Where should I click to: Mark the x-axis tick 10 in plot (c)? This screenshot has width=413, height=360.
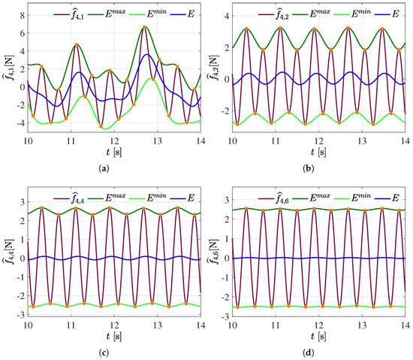(28, 324)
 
